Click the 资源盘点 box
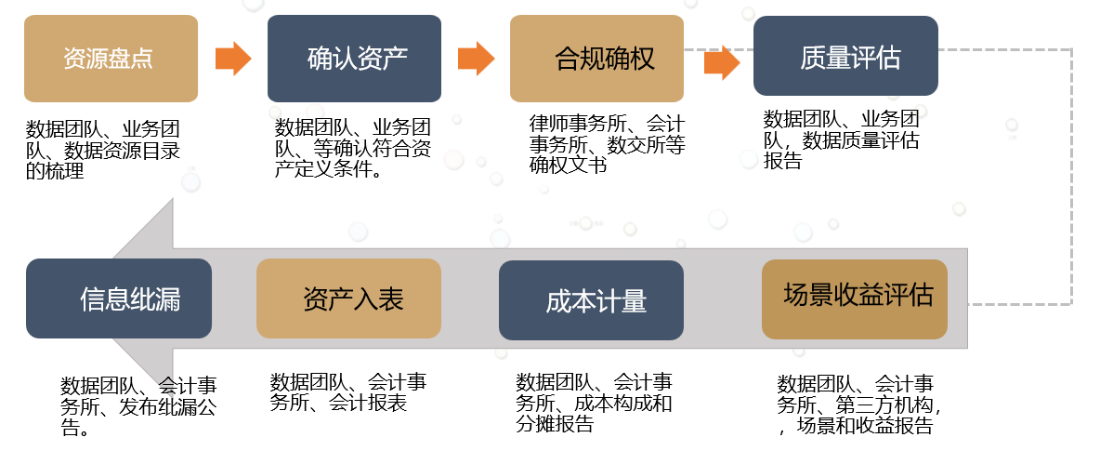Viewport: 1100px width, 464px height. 111,59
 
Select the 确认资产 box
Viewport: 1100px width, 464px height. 354,59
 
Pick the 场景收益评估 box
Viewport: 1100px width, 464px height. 854,298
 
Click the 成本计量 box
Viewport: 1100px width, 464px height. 591,299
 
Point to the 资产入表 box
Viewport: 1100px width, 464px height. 348,298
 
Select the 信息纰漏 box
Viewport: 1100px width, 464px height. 119,298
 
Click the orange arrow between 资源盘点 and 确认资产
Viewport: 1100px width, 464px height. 233,59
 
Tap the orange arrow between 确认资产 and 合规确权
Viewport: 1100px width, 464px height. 476,58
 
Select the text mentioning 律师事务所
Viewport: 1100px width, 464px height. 607,144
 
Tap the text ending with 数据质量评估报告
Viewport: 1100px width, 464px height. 841,140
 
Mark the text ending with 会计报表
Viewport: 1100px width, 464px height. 348,392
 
